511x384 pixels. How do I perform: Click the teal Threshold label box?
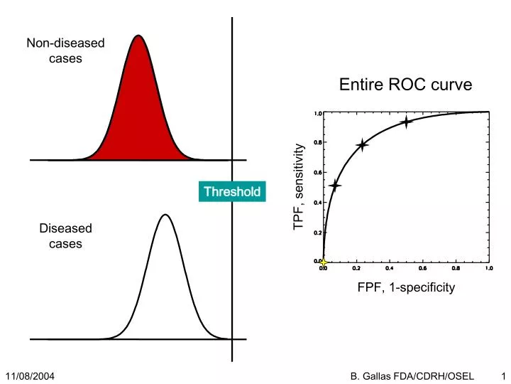coord(232,191)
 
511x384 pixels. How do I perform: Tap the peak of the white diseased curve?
coord(165,215)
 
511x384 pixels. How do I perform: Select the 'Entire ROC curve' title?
coord(405,85)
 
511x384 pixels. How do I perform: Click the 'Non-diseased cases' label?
coord(65,50)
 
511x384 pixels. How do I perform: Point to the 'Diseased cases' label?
coord(65,236)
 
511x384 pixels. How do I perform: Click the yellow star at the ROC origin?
coord(324,262)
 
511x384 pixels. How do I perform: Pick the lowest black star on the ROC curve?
coord(335,186)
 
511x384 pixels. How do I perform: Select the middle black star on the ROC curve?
coord(363,145)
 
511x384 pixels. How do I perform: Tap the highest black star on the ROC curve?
coord(406,122)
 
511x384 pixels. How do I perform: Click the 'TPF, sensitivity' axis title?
coord(299,186)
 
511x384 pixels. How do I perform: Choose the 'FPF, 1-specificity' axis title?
coord(406,287)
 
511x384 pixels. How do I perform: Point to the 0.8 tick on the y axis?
coord(318,142)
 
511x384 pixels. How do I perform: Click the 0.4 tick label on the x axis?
coord(389,268)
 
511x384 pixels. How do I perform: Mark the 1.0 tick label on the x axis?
coord(489,268)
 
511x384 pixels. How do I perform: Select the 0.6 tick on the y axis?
coord(318,172)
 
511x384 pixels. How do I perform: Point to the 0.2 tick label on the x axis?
coord(356,268)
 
